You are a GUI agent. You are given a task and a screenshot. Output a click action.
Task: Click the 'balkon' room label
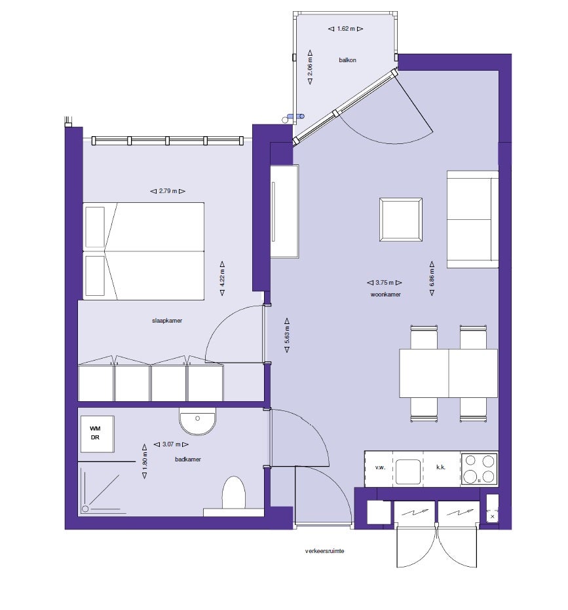[347, 60]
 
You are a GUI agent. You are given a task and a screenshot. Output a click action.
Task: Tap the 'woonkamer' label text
[385, 295]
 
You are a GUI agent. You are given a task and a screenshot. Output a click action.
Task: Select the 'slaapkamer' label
[166, 321]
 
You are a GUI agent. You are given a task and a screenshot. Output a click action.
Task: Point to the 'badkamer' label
[188, 459]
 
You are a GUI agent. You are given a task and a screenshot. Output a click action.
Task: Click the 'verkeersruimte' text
[324, 551]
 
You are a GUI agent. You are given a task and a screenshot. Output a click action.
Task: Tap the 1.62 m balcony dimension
[345, 29]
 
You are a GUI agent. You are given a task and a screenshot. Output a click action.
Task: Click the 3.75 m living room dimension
[385, 283]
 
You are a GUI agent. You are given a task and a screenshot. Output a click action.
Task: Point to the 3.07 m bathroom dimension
[168, 444]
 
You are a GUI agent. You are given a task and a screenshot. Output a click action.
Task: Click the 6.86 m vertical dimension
[432, 278]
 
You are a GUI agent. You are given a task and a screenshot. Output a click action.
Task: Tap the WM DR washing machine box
[97, 433]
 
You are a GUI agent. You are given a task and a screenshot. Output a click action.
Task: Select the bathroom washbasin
[197, 422]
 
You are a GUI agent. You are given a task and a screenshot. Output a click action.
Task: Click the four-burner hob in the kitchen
[478, 469]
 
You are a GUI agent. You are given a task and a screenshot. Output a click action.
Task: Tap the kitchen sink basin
[407, 469]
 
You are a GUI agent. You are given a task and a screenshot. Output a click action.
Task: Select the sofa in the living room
[472, 219]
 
